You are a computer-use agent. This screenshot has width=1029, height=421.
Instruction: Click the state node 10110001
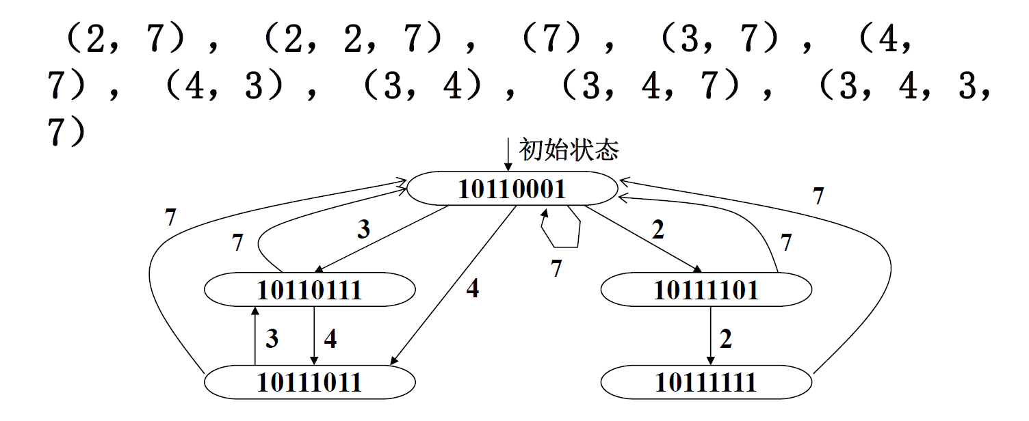(512, 188)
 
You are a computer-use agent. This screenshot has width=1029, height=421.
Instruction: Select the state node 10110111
(309, 290)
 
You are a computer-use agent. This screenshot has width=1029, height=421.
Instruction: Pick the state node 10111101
(706, 290)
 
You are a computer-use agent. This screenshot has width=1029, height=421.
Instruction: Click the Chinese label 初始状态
(569, 150)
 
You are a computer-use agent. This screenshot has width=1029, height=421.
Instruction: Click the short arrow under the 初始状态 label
(508, 154)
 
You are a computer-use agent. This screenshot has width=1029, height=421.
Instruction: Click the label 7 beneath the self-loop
(556, 269)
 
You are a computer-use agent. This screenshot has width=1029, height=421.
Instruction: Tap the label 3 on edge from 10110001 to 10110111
(364, 230)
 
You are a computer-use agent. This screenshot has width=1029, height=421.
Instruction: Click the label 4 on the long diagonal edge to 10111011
(473, 289)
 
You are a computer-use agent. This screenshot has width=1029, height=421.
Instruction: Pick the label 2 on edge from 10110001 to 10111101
(658, 230)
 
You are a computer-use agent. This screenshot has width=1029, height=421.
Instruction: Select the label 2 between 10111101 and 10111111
(726, 338)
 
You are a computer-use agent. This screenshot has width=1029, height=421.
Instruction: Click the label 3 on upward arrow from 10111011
(272, 338)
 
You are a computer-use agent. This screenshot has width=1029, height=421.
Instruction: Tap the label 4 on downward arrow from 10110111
(330, 338)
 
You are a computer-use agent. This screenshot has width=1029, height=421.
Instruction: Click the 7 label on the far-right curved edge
(818, 197)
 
